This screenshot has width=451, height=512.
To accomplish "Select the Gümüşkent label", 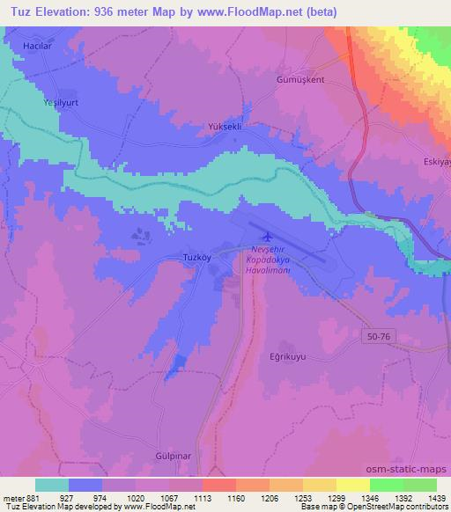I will tap(302, 78).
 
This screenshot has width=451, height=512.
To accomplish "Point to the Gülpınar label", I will tap(166, 457).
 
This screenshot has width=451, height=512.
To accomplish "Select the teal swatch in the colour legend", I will tap(52, 485).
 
